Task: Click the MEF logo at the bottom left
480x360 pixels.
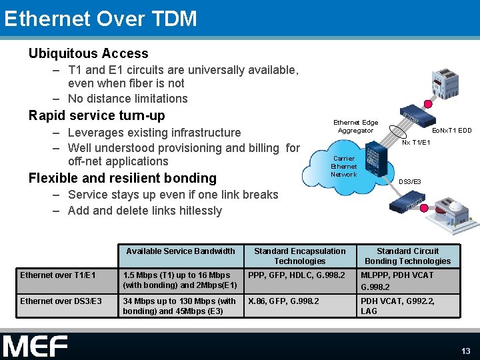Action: pos(35,346)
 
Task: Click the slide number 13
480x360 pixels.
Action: pos(466,351)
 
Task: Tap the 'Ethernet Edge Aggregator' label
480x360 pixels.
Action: pos(355,127)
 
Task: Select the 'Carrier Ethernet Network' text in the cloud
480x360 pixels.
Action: pos(344,167)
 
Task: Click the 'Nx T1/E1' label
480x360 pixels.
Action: pos(416,142)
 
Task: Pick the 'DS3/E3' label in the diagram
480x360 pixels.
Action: pos(409,182)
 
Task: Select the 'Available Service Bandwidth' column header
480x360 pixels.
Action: pos(181,251)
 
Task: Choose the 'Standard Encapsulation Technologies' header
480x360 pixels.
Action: pos(299,256)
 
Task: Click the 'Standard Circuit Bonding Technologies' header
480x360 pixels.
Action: pos(407,256)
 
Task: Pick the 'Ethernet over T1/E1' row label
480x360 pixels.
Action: pos(58,275)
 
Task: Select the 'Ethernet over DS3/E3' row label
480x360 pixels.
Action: pos(61,301)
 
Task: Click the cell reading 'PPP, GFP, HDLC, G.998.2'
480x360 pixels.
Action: pos(297,275)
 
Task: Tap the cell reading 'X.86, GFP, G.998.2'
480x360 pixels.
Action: pos(283,301)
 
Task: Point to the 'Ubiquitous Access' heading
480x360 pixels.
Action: pos(88,53)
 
